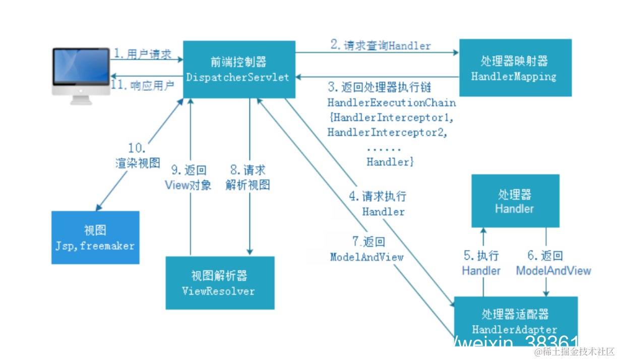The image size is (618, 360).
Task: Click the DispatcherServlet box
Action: pyautogui.click(x=238, y=69)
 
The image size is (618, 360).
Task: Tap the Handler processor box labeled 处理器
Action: pyautogui.click(x=515, y=201)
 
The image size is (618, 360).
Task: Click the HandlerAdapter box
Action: pyautogui.click(x=515, y=321)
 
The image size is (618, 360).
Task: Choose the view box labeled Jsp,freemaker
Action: pyautogui.click(x=95, y=238)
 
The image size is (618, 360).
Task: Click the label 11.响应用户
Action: pyautogui.click(x=143, y=85)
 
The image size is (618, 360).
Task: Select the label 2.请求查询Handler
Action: pyautogui.click(x=381, y=45)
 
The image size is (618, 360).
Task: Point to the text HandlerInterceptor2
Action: pyautogui.click(x=387, y=133)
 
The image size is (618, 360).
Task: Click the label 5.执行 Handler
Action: pyautogui.click(x=481, y=263)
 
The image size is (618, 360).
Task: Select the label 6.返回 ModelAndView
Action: pyautogui.click(x=553, y=263)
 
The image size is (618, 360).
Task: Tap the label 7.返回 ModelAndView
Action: pyautogui.click(x=366, y=249)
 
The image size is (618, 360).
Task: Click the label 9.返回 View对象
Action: pyautogui.click(x=188, y=178)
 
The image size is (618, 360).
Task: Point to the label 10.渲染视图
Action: pyautogui.click(x=137, y=156)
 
